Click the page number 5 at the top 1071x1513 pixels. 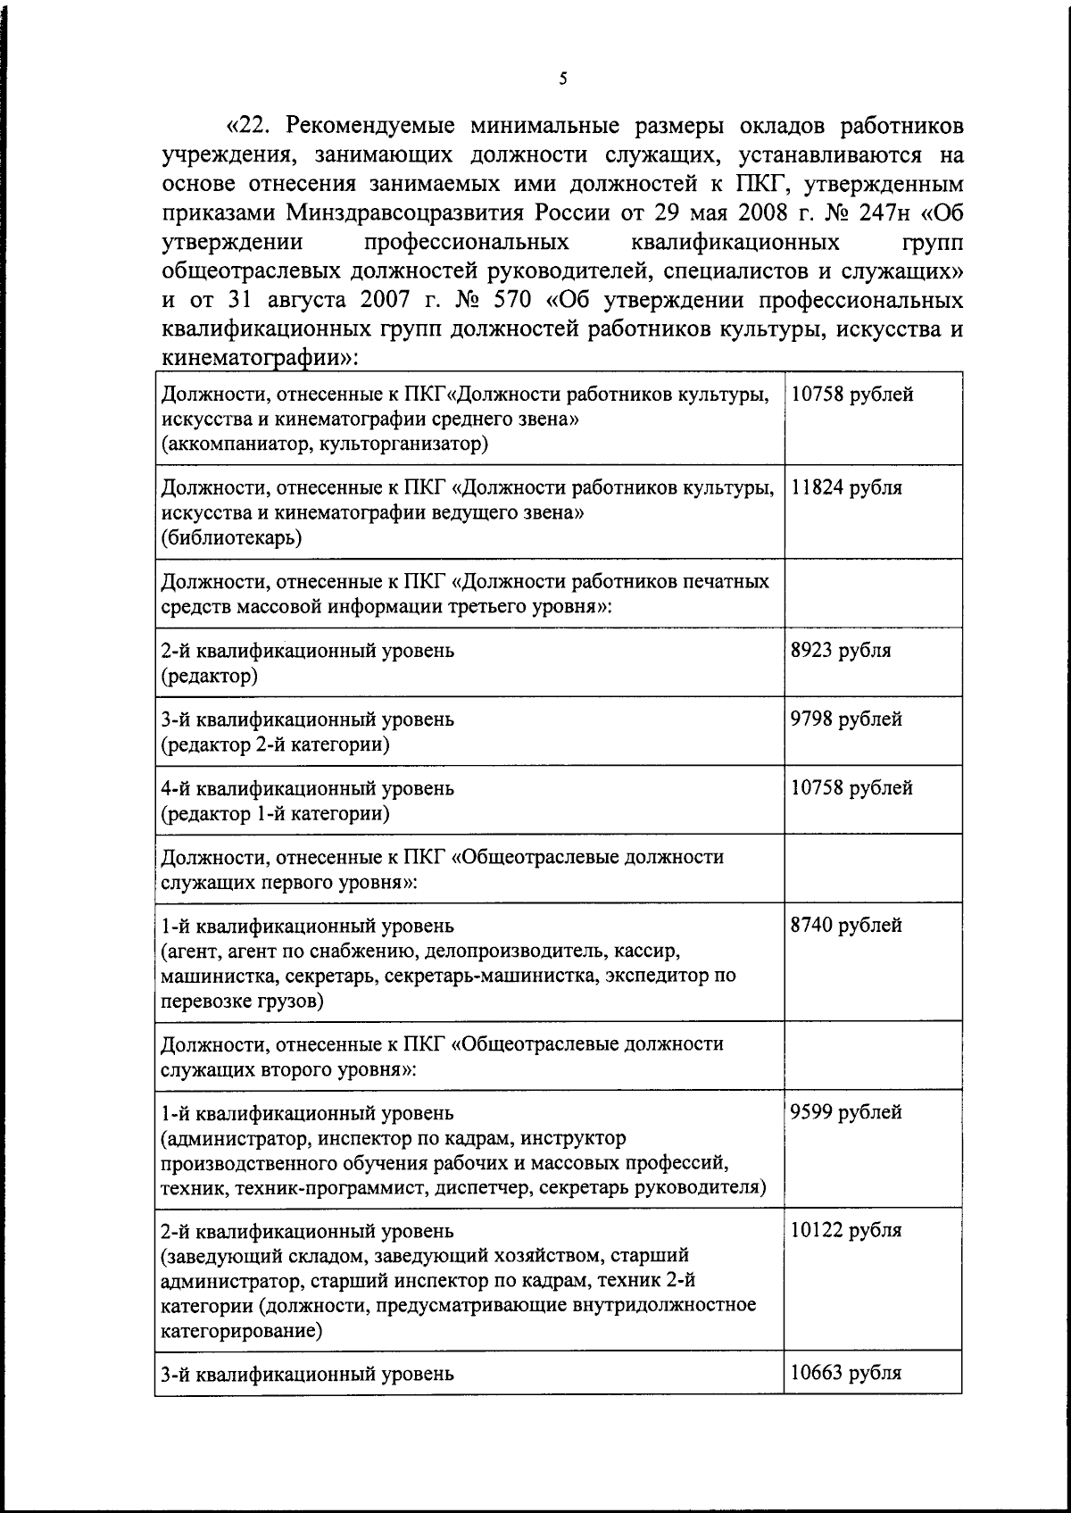(x=562, y=79)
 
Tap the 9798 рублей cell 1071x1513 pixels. (x=846, y=719)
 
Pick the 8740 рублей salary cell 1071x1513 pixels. (x=846, y=926)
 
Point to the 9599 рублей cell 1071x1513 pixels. (x=846, y=1113)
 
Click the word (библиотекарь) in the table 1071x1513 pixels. (x=231, y=538)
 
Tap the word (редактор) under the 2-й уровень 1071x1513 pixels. (x=209, y=676)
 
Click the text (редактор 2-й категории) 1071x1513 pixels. (x=275, y=744)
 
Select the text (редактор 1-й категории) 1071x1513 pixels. (x=275, y=814)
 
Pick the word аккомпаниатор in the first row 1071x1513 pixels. (x=233, y=445)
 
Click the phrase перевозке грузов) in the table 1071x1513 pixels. (x=242, y=1001)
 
